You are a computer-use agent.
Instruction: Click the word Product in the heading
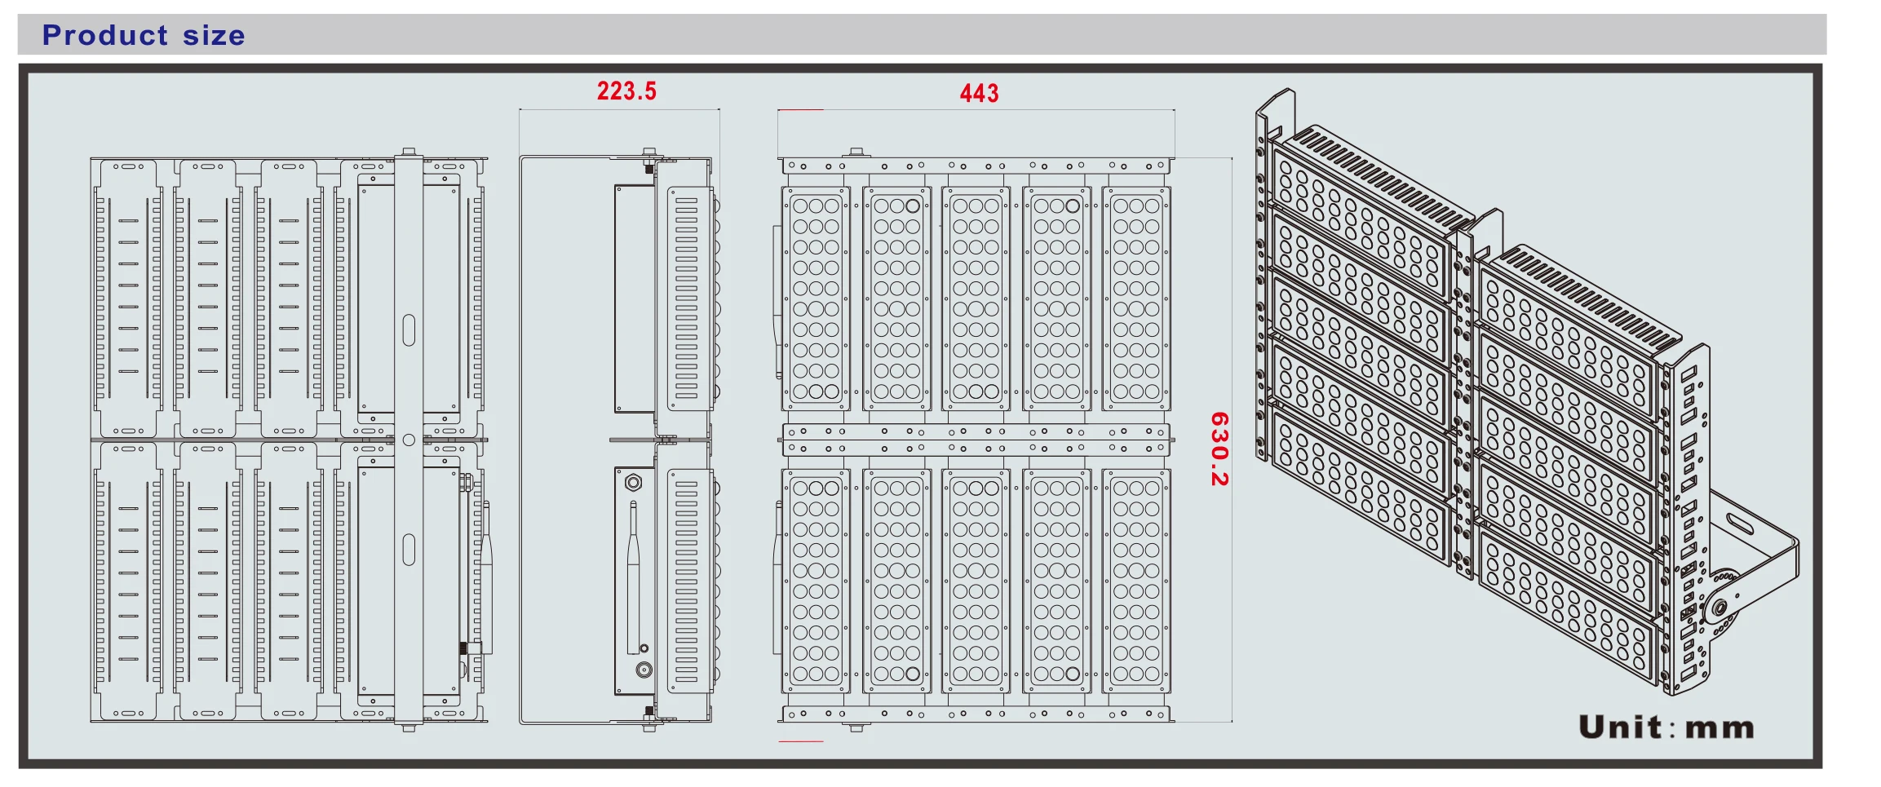pyautogui.click(x=105, y=35)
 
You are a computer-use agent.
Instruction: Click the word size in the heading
pyautogui.click(x=214, y=36)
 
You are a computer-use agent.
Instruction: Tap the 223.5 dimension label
pyautogui.click(x=626, y=91)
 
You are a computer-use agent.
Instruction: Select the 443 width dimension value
pyautogui.click(x=979, y=94)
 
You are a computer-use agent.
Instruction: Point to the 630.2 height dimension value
pyautogui.click(x=1219, y=449)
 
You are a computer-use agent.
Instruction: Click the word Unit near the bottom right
pyautogui.click(x=1620, y=727)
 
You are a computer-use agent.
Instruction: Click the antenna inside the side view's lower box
pyautogui.click(x=633, y=579)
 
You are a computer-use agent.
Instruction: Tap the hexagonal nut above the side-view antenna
pyautogui.click(x=633, y=483)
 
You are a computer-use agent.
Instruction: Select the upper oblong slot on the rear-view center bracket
pyautogui.click(x=409, y=330)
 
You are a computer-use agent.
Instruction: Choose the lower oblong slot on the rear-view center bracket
pyautogui.click(x=409, y=549)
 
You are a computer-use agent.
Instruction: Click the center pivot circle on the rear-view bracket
pyautogui.click(x=409, y=440)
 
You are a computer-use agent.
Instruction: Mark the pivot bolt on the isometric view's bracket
pyautogui.click(x=1719, y=608)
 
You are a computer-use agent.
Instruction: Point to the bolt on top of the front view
pyautogui.click(x=856, y=153)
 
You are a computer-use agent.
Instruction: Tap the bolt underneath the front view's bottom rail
pyautogui.click(x=856, y=727)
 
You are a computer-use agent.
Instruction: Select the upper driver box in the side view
pyautogui.click(x=635, y=298)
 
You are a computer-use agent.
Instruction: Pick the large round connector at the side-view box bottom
pyautogui.click(x=644, y=670)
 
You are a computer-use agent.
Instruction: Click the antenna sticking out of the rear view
pyautogui.click(x=486, y=571)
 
